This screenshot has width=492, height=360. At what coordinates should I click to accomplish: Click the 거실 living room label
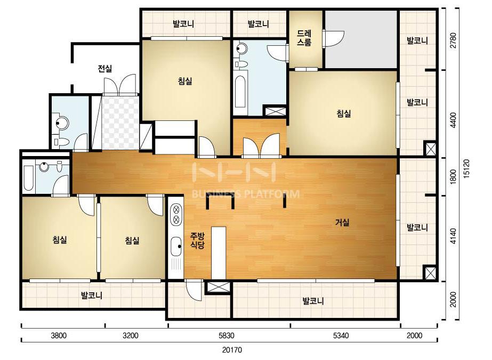point(342,223)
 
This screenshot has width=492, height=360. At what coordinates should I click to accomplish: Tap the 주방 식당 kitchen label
point(198,241)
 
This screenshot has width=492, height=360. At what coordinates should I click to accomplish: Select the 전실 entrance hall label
point(105,68)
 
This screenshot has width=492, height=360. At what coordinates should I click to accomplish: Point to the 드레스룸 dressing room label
point(304,38)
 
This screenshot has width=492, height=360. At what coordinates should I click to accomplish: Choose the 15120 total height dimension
point(466,169)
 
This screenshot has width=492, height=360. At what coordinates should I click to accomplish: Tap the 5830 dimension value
point(226,336)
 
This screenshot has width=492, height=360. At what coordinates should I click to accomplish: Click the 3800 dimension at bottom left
point(59,336)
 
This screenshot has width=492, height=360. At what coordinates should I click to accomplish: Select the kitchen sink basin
point(176,245)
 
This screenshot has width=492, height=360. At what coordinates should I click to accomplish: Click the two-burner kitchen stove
point(176,214)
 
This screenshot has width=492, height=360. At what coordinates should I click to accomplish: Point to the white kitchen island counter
point(219,253)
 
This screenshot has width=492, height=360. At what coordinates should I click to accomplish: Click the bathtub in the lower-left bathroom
point(29,178)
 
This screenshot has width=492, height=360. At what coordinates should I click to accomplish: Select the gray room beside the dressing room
point(361,39)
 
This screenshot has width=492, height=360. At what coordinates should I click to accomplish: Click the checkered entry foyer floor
point(120,122)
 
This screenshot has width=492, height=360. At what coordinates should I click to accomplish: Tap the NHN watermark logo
point(235,172)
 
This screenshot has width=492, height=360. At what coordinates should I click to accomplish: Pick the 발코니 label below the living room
point(313,301)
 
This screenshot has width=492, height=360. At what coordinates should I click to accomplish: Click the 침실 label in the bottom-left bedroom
point(60,240)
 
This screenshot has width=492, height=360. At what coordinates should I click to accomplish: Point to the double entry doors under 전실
point(120,85)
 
